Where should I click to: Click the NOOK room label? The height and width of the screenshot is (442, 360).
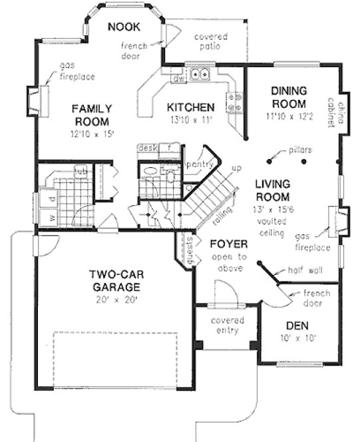point(124,27)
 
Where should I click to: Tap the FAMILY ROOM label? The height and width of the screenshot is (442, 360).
point(92,114)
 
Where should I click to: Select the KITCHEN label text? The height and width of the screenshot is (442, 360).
point(190,107)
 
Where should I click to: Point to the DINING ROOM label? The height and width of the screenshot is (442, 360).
point(288,98)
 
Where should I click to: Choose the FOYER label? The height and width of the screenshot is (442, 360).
point(229,244)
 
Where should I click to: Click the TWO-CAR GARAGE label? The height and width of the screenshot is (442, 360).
point(116,280)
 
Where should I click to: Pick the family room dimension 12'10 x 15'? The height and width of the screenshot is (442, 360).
point(92,133)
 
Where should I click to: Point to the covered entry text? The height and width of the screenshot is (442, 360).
point(227,326)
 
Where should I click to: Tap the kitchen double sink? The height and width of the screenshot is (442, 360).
point(198,75)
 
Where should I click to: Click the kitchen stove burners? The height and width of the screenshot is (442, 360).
point(234,101)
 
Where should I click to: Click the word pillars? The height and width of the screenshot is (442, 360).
point(301,150)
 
